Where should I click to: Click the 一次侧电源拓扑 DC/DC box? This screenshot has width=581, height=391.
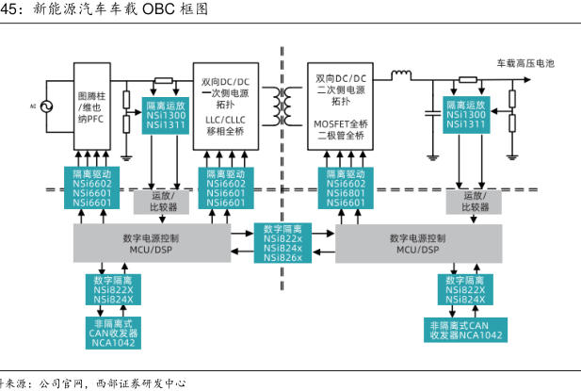coord(226,105)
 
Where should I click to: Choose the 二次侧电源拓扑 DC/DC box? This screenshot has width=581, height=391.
coord(341,105)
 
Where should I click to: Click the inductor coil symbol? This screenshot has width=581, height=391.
coord(402,73)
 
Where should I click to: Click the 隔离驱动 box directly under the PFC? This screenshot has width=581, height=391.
coord(92,187)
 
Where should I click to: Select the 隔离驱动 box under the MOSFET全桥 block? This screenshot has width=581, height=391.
coord(346,187)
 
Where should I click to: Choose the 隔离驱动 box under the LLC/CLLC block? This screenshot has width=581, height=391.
coord(226,187)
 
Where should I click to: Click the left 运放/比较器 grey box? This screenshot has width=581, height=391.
coord(154,200)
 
